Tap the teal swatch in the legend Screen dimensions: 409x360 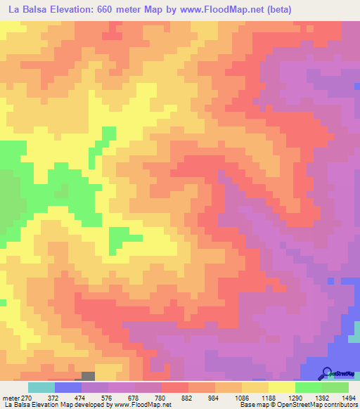(x=41, y=388)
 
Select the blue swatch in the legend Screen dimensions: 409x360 (x=68, y=388)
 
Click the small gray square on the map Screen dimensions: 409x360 (x=88, y=377)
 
